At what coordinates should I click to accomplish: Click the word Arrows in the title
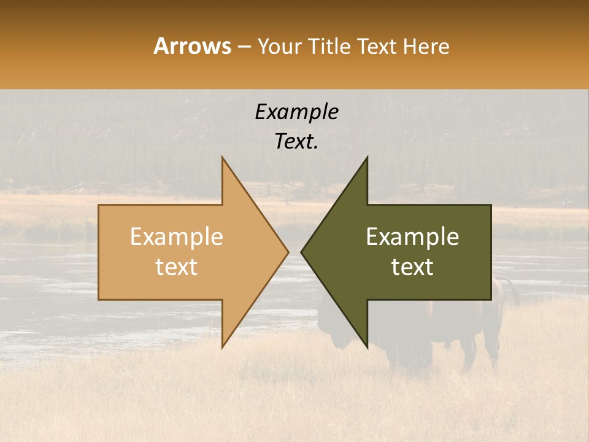pyautogui.click(x=193, y=46)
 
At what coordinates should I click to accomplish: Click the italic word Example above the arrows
pyautogui.click(x=296, y=112)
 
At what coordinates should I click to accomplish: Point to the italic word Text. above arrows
pyautogui.click(x=296, y=141)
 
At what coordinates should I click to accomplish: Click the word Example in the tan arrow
pyautogui.click(x=177, y=237)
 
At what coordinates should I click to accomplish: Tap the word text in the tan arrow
pyautogui.click(x=177, y=267)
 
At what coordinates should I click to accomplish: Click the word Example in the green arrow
pyautogui.click(x=412, y=237)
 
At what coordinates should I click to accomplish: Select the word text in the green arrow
pyautogui.click(x=412, y=267)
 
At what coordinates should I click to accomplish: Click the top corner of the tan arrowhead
pyautogui.click(x=223, y=158)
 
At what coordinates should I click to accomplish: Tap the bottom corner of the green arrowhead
pyautogui.click(x=367, y=347)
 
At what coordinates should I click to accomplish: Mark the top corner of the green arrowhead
pyautogui.click(x=367, y=158)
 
